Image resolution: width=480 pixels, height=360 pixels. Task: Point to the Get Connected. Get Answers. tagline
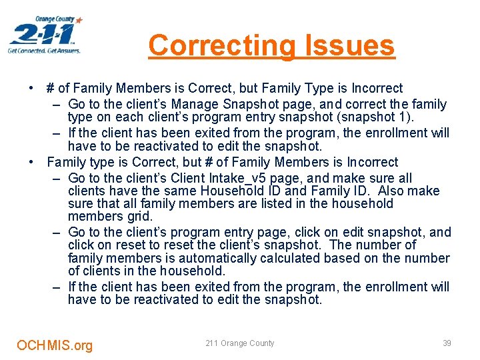pos(44,51)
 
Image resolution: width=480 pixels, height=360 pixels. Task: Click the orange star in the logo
pos(79,21)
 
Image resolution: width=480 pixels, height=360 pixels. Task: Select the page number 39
pos(447,343)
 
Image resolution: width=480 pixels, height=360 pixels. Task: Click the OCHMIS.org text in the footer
pos(55,345)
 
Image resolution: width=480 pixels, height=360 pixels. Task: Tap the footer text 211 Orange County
pos(239,343)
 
